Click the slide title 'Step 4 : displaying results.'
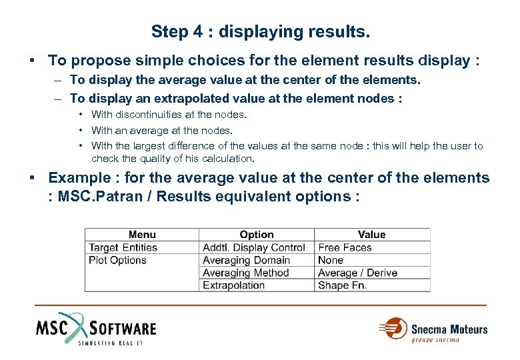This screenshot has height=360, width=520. point(260,31)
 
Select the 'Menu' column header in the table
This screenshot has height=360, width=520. point(141,235)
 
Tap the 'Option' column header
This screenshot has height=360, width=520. point(257,235)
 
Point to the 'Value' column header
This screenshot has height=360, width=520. point(371,235)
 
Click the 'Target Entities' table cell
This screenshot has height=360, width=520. point(123,247)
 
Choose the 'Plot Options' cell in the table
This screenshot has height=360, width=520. point(117,260)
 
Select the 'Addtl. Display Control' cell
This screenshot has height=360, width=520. point(253,247)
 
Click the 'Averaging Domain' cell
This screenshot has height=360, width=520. point(246,260)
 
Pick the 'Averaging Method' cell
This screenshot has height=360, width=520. point(246,273)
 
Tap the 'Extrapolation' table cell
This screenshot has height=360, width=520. point(234,285)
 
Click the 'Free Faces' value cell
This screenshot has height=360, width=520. point(345,247)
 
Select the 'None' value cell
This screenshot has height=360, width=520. point(331,260)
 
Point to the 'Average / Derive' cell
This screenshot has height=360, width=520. point(357,273)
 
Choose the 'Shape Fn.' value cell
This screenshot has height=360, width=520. point(343,285)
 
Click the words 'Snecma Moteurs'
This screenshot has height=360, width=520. point(449,329)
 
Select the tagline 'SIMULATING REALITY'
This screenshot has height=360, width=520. point(111,343)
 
